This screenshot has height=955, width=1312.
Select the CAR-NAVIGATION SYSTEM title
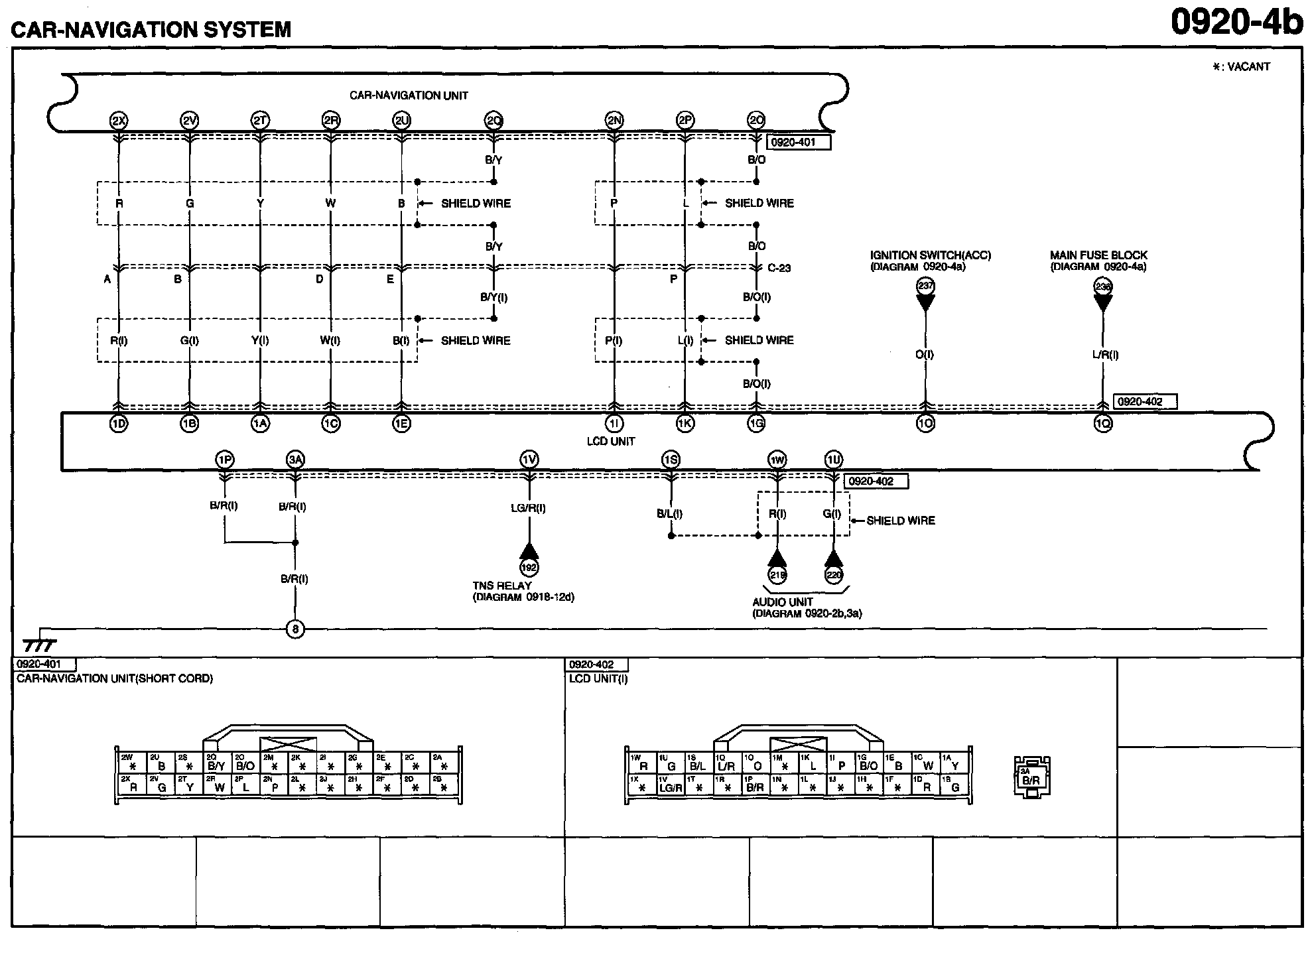pyautogui.click(x=151, y=30)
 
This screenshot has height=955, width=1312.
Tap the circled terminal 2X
pyautogui.click(x=119, y=121)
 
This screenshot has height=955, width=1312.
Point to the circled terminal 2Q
pyautogui.click(x=493, y=121)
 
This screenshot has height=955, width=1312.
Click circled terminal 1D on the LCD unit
pyautogui.click(x=119, y=424)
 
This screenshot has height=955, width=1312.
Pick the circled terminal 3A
pyautogui.click(x=295, y=460)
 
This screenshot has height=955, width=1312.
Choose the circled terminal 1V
pyautogui.click(x=529, y=460)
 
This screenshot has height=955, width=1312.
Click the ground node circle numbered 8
pyautogui.click(x=295, y=629)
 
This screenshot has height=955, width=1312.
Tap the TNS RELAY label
pyautogui.click(x=502, y=586)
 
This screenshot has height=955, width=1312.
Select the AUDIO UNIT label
pyautogui.click(x=782, y=602)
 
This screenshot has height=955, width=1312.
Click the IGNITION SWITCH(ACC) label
pyautogui.click(x=930, y=255)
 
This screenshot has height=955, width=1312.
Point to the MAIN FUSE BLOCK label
pyautogui.click(x=1098, y=255)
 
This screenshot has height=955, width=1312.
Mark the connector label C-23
pyautogui.click(x=779, y=269)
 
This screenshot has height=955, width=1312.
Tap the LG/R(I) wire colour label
pyautogui.click(x=529, y=509)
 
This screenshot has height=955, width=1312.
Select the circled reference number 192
pyautogui.click(x=529, y=568)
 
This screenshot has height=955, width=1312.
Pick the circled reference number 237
pyautogui.click(x=925, y=286)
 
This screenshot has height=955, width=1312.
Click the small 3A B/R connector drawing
pyautogui.click(x=1031, y=777)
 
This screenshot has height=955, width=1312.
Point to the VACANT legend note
pyautogui.click(x=1240, y=67)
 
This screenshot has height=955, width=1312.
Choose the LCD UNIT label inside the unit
pyautogui.click(x=610, y=442)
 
